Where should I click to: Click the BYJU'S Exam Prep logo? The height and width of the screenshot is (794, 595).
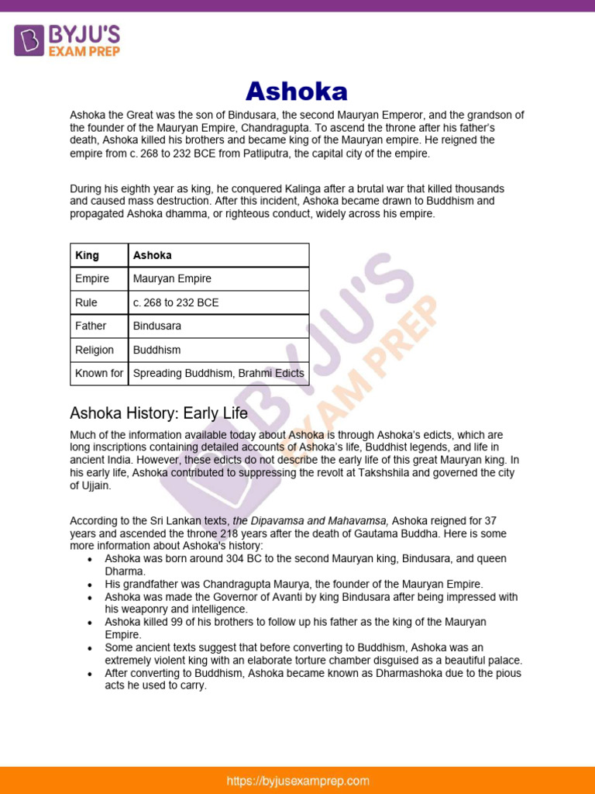[x=67, y=40]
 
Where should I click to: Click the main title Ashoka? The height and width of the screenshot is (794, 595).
[x=297, y=91]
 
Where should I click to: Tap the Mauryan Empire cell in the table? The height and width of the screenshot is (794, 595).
[x=172, y=278]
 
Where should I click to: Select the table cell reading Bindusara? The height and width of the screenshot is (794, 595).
[x=157, y=326]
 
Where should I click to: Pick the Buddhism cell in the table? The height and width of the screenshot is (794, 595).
[x=156, y=350]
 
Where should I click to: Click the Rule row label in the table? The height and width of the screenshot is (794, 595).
[x=86, y=302]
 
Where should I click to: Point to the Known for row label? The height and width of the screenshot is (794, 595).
[x=99, y=373]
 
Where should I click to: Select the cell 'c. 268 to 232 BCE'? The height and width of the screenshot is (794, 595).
[x=176, y=302]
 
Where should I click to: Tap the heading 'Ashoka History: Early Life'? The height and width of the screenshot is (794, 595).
[x=159, y=413]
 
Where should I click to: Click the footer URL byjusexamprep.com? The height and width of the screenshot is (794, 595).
[x=298, y=781]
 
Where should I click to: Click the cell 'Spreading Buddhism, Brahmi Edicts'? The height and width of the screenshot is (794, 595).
[x=218, y=373]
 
